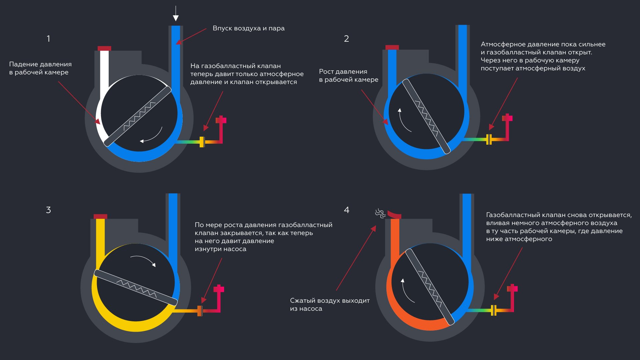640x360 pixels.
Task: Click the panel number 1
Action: click(x=48, y=39)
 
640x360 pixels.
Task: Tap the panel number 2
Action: click(x=346, y=39)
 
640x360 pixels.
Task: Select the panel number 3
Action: click(x=48, y=210)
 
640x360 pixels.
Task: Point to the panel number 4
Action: click(x=347, y=210)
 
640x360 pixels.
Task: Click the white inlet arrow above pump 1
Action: click(x=176, y=14)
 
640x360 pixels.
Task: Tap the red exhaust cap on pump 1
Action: click(x=104, y=48)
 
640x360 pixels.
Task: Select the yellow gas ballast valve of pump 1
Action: click(x=202, y=142)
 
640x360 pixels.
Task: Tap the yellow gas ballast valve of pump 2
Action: click(x=489, y=139)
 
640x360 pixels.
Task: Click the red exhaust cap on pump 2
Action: click(x=392, y=47)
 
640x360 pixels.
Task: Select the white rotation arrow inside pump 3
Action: click(x=143, y=260)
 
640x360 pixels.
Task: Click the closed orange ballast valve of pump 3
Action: click(x=200, y=311)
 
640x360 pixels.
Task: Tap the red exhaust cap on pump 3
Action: click(x=100, y=216)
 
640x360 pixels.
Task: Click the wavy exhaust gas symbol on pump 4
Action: click(x=380, y=213)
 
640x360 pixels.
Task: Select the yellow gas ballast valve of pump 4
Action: click(x=494, y=310)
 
